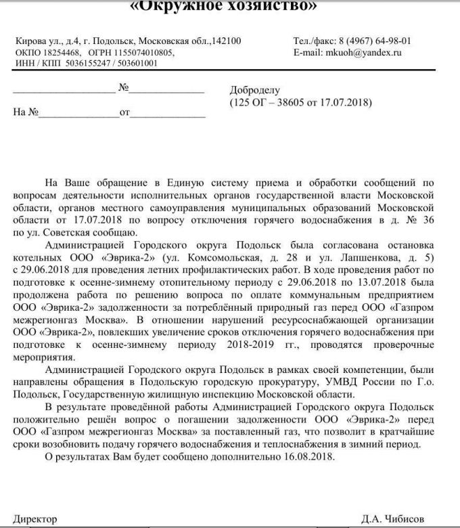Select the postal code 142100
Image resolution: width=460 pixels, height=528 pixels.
(226, 41)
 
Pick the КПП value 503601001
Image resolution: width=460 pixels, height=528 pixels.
(135, 63)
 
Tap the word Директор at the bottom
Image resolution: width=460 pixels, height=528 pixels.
(35, 519)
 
